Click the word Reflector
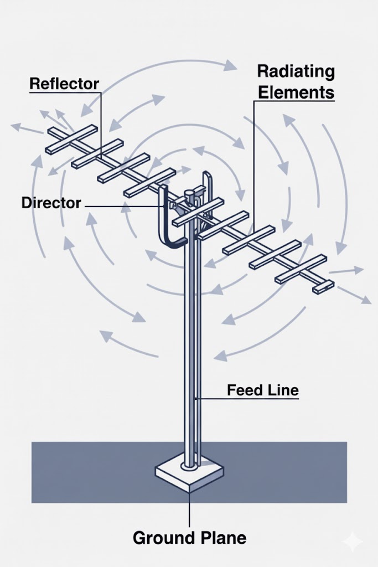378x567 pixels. click(64, 84)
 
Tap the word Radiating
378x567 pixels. click(296, 71)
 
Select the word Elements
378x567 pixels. click(296, 92)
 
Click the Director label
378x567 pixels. click(51, 203)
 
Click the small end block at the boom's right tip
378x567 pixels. click(323, 286)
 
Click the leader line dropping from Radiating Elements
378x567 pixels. click(254, 161)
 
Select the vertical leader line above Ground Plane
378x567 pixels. click(189, 509)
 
